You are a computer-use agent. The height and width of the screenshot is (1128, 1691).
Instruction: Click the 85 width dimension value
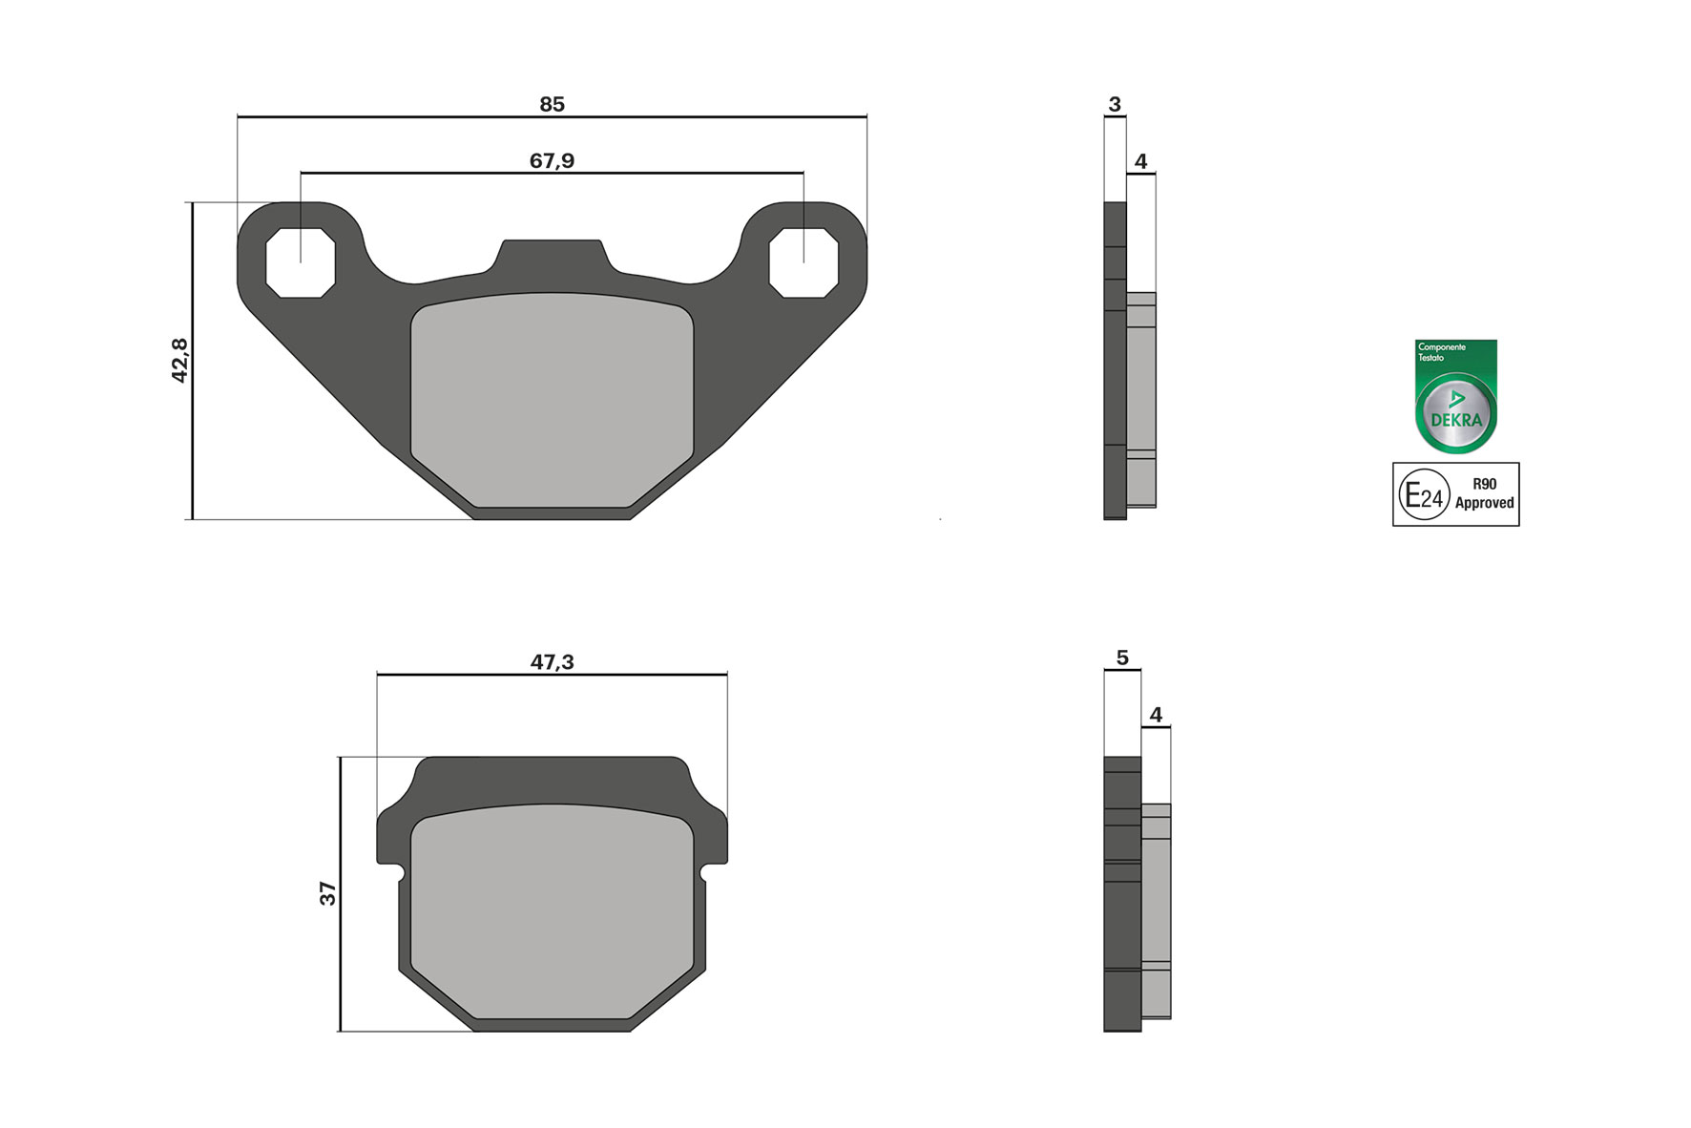tap(552, 104)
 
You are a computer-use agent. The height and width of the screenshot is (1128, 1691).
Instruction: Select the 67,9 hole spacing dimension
tap(552, 160)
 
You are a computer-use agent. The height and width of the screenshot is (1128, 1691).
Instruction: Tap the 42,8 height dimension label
tap(179, 360)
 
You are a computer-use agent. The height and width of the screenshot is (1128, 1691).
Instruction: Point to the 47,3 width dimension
tap(552, 661)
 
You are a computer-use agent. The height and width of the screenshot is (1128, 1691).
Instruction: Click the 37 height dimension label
tap(327, 893)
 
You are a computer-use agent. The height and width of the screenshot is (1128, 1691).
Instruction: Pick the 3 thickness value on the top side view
tap(1114, 104)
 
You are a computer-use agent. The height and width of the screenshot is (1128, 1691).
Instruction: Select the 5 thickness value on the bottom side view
tap(1121, 658)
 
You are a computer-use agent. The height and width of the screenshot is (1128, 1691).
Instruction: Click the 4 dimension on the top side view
tap(1140, 161)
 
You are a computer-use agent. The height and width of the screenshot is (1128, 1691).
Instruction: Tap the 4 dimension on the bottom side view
tap(1156, 714)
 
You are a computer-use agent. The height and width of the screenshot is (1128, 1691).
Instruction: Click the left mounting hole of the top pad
tap(301, 263)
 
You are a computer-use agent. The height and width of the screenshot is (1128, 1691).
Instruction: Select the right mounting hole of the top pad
tap(804, 263)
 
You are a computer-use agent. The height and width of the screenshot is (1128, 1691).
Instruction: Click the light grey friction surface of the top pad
tap(552, 401)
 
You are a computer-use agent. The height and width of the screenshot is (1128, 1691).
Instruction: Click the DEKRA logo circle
tap(1455, 413)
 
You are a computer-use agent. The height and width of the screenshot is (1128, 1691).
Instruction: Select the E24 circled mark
tap(1424, 494)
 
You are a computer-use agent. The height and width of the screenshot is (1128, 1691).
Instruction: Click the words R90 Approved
tap(1484, 493)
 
